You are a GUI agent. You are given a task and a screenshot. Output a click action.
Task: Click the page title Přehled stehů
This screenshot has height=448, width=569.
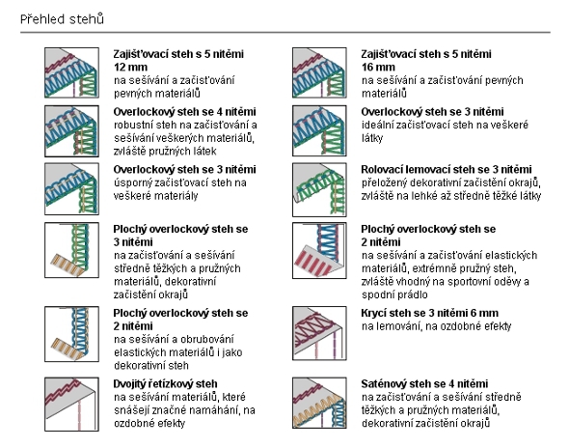[x=62, y=19]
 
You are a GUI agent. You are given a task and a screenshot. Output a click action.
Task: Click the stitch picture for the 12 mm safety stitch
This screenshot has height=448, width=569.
[x=72, y=72]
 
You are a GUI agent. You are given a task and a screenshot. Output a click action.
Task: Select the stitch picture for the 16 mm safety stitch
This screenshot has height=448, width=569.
[x=319, y=72]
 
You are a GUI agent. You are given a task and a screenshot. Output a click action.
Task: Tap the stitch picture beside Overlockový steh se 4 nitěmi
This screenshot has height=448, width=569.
[x=72, y=131]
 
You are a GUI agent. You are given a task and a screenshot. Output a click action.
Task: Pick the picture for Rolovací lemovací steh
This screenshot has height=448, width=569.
[x=319, y=189]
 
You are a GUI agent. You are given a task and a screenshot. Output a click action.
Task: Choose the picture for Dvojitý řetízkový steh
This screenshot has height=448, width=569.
[x=72, y=404]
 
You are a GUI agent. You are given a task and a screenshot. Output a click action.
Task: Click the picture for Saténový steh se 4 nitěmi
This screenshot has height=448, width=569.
[x=319, y=403]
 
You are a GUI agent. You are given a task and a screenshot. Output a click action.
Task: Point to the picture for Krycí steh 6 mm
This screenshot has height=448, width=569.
[x=319, y=333]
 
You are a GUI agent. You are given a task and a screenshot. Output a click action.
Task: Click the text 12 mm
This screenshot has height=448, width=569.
[x=130, y=68]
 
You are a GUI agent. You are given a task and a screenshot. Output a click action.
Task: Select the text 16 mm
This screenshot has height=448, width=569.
[x=378, y=68]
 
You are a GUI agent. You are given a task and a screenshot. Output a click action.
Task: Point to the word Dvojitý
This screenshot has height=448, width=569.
[x=129, y=384]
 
